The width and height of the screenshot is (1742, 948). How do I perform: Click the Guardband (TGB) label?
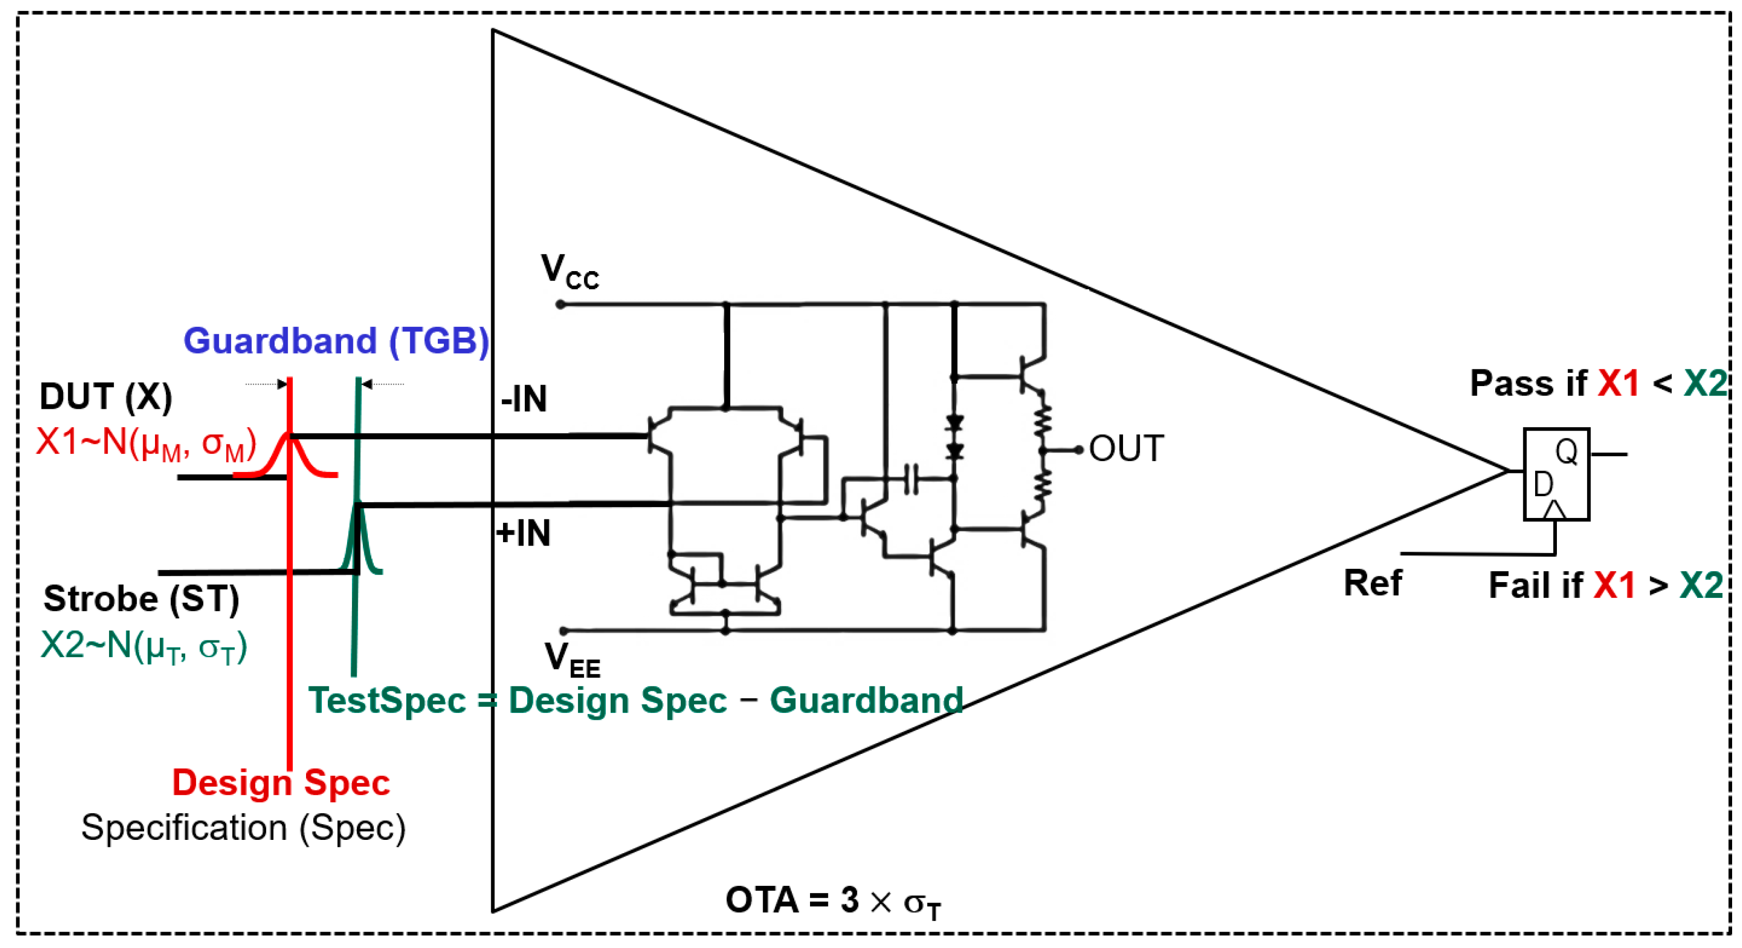336,341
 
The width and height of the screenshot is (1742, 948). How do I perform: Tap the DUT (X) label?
106,397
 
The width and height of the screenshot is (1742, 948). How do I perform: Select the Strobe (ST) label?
141,599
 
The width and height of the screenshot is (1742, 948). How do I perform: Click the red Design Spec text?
281,783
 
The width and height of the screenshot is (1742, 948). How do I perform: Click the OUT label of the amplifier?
1126,449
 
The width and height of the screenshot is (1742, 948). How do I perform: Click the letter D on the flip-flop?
1543,485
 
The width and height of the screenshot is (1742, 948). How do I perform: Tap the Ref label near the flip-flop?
1373,583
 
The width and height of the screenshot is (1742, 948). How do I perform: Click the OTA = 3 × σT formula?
832,902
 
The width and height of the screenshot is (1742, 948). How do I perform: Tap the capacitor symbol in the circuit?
911,479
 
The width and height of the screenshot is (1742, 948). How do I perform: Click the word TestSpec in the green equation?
387,701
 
